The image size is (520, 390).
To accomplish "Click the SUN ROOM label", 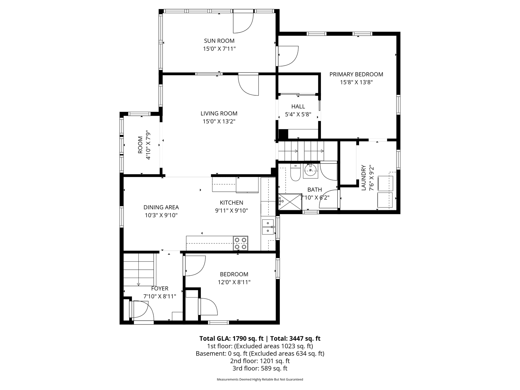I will point(219,41).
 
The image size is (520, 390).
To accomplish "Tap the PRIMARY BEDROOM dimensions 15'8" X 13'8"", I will point(356,82).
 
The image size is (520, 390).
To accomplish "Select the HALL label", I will point(298,106).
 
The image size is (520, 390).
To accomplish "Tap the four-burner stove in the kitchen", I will point(240,243).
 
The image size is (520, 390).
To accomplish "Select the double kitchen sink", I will point(268,227).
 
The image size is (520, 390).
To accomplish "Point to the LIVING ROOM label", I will point(219,113).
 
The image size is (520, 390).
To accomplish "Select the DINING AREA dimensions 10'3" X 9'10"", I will point(161,215).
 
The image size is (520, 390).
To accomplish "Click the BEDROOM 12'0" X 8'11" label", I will point(234,274).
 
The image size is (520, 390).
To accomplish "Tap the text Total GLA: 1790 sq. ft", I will point(231,338).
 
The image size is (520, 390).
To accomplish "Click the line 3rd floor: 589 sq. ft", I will point(260,368).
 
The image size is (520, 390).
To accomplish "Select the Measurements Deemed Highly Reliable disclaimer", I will point(260,379).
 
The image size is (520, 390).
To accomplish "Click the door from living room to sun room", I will point(249,85).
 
